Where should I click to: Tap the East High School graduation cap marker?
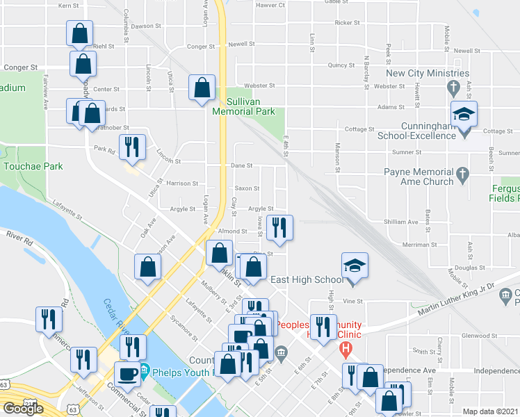[354, 265]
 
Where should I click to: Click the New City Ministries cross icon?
[454, 88]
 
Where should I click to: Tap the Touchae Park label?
[33, 167]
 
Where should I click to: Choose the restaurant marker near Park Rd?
[131, 147]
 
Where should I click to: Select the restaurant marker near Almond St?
[279, 228]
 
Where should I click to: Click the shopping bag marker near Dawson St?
[80, 33]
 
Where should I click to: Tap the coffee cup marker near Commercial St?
[127, 375]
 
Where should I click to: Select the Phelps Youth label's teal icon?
[145, 368]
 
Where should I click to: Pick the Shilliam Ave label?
[401, 222]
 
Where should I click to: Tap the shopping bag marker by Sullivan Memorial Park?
[202, 89]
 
